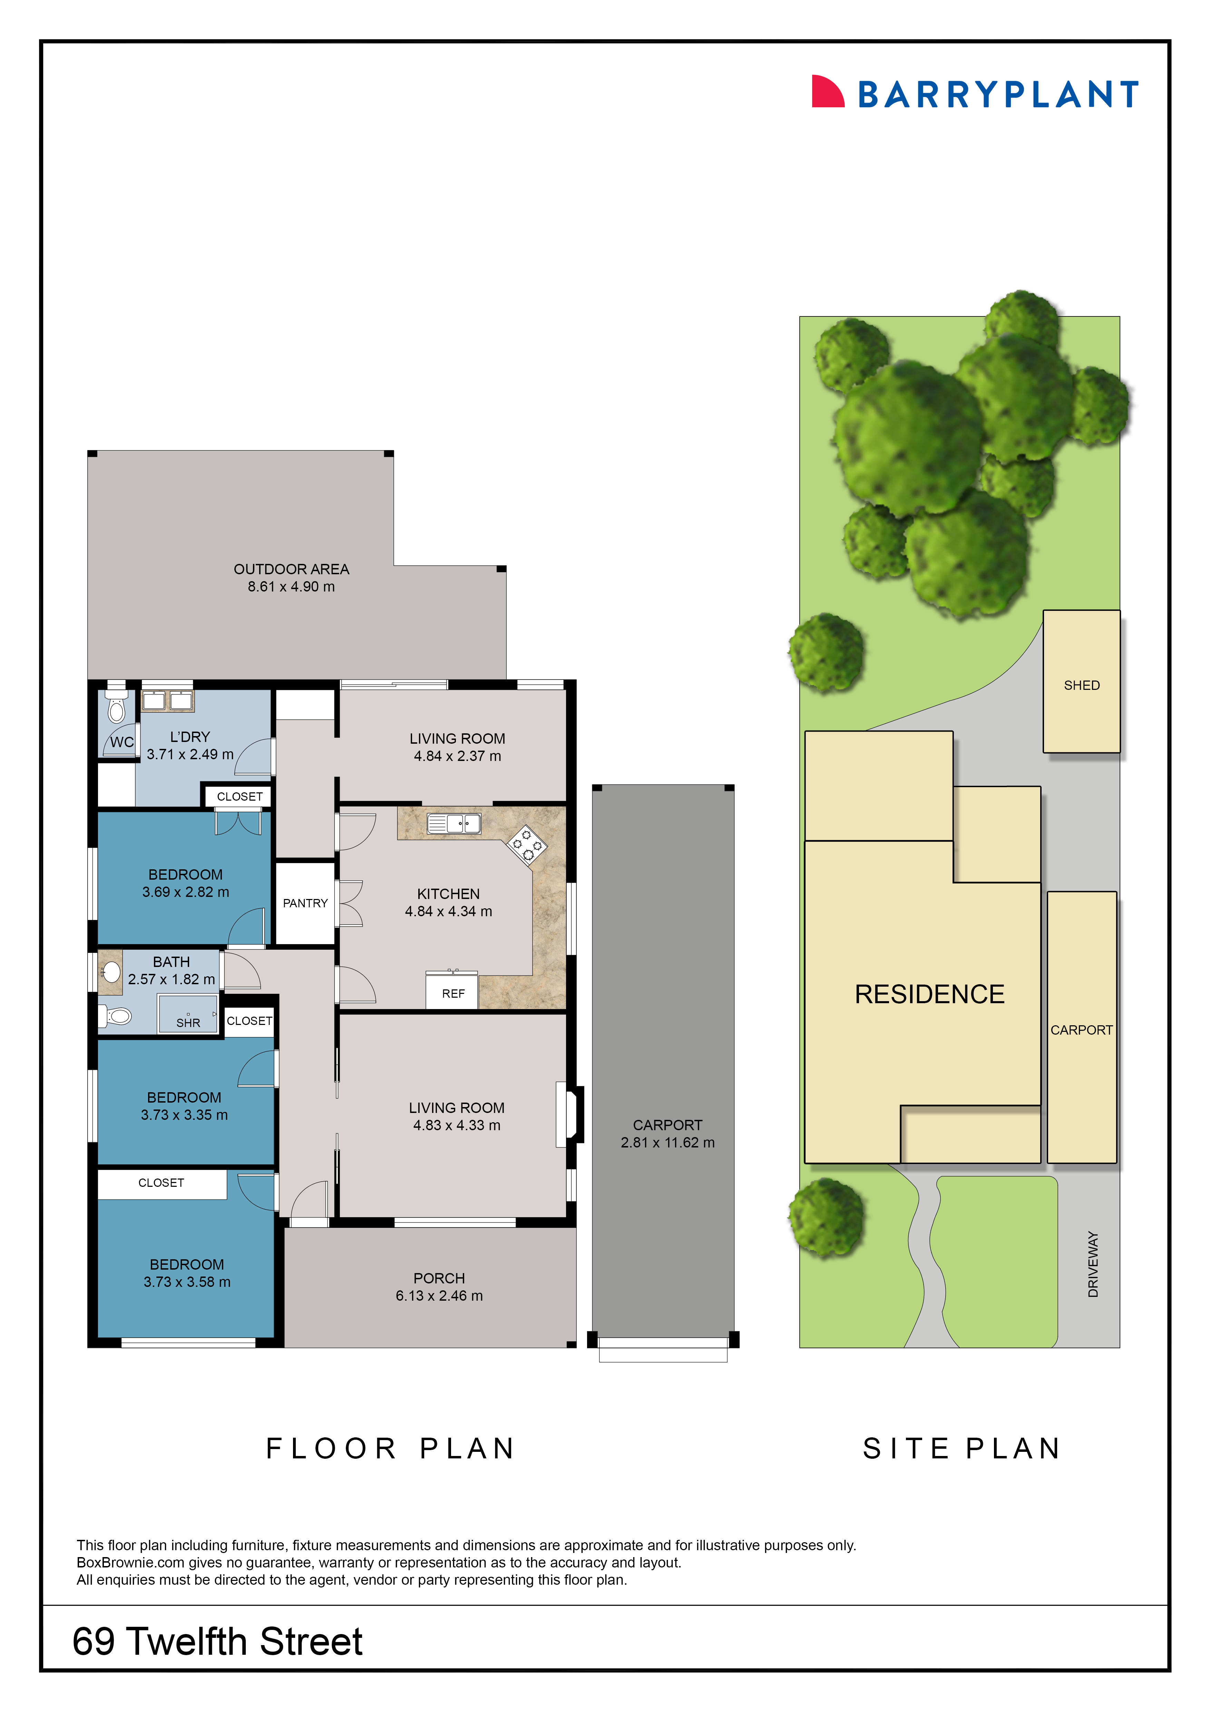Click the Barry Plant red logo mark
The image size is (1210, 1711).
[x=827, y=92]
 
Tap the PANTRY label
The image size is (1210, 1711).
[x=305, y=903]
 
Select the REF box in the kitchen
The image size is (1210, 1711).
[x=452, y=993]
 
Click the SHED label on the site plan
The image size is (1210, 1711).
[x=1081, y=685]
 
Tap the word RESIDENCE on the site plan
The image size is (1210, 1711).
[x=929, y=994]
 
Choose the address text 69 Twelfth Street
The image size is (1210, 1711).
[x=217, y=1642]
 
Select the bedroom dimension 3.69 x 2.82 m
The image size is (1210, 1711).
[x=186, y=892]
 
